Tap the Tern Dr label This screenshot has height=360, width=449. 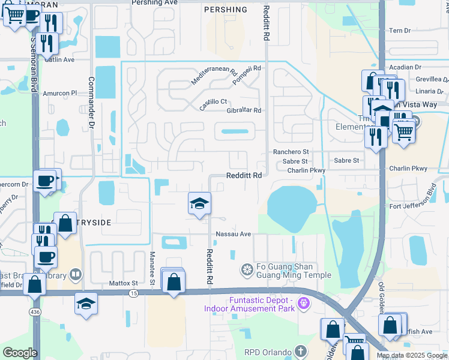[x=399, y=31]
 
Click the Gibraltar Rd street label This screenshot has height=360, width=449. [x=244, y=110]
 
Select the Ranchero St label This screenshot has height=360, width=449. [x=291, y=152]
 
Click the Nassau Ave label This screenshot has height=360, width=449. [x=233, y=234]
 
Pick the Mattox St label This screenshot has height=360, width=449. [x=124, y=283]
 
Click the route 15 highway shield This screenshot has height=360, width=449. [x=133, y=292]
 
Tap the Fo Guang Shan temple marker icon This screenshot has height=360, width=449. [x=246, y=271]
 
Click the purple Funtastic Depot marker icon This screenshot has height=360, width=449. [x=304, y=304]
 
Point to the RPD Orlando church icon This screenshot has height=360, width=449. [x=300, y=352]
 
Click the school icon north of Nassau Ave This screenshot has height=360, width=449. [x=199, y=203]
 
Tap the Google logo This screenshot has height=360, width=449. [x=20, y=353]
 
